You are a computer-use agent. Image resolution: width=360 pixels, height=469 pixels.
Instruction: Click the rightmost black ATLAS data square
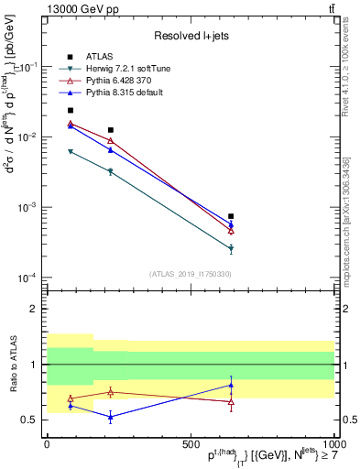(231, 216)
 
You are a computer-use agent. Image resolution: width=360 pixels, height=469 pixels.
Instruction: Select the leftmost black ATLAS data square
(71, 110)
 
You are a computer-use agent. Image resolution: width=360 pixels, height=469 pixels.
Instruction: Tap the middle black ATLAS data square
(111, 130)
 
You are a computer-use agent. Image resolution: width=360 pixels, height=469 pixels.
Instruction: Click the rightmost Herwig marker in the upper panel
(231, 248)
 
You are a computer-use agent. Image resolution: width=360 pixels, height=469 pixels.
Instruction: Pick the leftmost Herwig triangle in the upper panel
(71, 151)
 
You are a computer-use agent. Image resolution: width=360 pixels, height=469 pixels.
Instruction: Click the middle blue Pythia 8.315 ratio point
(111, 417)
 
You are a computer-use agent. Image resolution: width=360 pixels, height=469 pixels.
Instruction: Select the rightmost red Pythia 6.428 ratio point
(231, 401)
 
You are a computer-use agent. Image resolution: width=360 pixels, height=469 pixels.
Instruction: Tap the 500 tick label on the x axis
(190, 443)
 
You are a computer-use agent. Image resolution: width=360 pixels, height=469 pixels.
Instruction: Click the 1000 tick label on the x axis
(332, 443)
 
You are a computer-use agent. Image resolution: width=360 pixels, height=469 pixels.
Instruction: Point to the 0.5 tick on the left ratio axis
(33, 420)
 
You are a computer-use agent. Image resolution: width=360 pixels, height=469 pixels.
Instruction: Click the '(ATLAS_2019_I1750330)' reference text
(190, 274)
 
